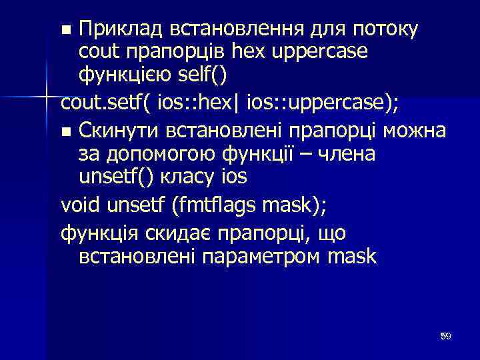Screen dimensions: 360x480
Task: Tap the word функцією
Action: [125, 75]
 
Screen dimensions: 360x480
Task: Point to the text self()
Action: [203, 75]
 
